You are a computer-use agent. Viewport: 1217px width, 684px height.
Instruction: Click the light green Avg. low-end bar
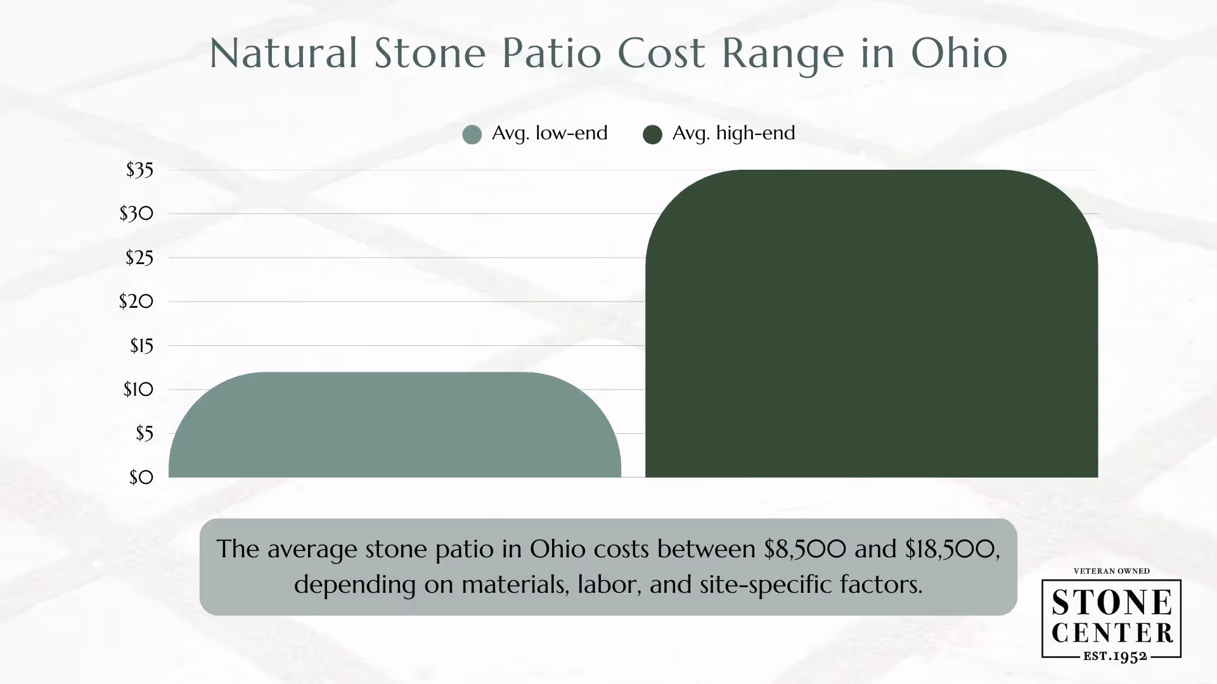point(394,426)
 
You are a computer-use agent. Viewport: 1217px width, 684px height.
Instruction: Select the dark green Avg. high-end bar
point(872,324)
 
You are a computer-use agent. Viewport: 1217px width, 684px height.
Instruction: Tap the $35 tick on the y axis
point(139,170)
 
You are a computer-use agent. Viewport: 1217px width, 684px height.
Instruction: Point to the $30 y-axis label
point(136,213)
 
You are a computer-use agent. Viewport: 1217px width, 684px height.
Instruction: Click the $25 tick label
point(139,258)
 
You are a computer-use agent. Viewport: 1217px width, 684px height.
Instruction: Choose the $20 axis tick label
point(136,301)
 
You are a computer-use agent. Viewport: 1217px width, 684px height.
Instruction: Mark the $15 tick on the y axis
point(141,346)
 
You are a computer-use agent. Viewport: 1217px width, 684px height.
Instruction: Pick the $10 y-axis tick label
point(138,389)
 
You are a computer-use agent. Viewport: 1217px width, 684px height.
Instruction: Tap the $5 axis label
point(144,433)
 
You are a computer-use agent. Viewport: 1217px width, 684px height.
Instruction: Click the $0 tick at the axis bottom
point(141,477)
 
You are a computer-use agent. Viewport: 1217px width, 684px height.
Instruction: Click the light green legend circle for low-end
point(472,134)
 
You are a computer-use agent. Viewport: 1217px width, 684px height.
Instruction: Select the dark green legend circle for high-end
point(652,134)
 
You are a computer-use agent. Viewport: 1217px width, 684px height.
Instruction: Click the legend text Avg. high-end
point(733,133)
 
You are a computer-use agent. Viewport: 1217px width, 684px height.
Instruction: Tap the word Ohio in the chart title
point(959,53)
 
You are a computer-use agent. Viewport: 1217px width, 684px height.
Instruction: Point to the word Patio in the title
point(551,53)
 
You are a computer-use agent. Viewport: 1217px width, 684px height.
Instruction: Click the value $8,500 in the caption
point(804,548)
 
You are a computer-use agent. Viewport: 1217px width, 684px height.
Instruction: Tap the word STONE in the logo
point(1112,603)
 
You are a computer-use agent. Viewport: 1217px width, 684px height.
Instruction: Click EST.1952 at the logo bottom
point(1115,656)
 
